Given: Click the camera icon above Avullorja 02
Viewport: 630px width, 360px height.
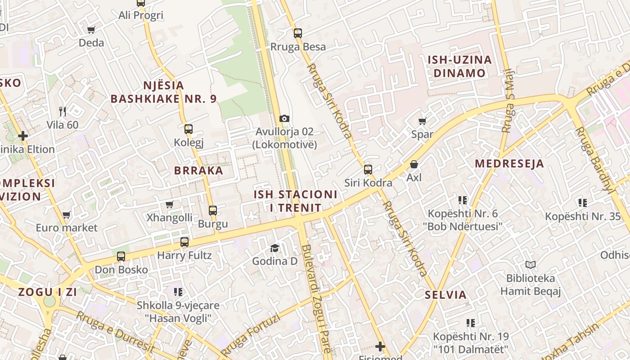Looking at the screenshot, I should [284, 118].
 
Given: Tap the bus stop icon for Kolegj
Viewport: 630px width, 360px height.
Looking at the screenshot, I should [189, 129].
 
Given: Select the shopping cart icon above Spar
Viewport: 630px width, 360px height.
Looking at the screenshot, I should [422, 121].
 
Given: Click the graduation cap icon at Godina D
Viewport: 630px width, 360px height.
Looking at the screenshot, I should [274, 248].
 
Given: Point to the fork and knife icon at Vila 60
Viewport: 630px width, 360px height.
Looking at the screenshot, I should [63, 111].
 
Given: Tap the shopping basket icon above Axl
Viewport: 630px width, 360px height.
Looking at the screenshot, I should [414, 165].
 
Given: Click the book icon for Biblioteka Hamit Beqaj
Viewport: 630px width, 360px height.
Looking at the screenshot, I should [531, 265].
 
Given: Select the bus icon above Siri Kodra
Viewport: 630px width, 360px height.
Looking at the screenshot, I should [368, 170].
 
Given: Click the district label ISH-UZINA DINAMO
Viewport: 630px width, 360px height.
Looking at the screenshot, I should [459, 67].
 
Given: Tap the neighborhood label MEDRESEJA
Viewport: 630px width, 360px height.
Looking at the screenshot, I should [509, 164].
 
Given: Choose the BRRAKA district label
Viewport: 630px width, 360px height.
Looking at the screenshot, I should [198, 171].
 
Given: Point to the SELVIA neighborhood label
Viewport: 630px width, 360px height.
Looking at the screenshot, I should [446, 295].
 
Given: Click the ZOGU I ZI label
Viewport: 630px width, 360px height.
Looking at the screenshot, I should [48, 292].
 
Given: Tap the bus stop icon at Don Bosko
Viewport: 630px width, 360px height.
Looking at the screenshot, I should [121, 256].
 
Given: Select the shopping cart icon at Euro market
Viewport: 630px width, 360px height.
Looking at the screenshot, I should [67, 215].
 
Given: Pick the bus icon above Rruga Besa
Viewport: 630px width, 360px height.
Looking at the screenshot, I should [297, 33].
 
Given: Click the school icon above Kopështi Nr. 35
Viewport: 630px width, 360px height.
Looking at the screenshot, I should [583, 203].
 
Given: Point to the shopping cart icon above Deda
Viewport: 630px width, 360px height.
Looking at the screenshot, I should [91, 30].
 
